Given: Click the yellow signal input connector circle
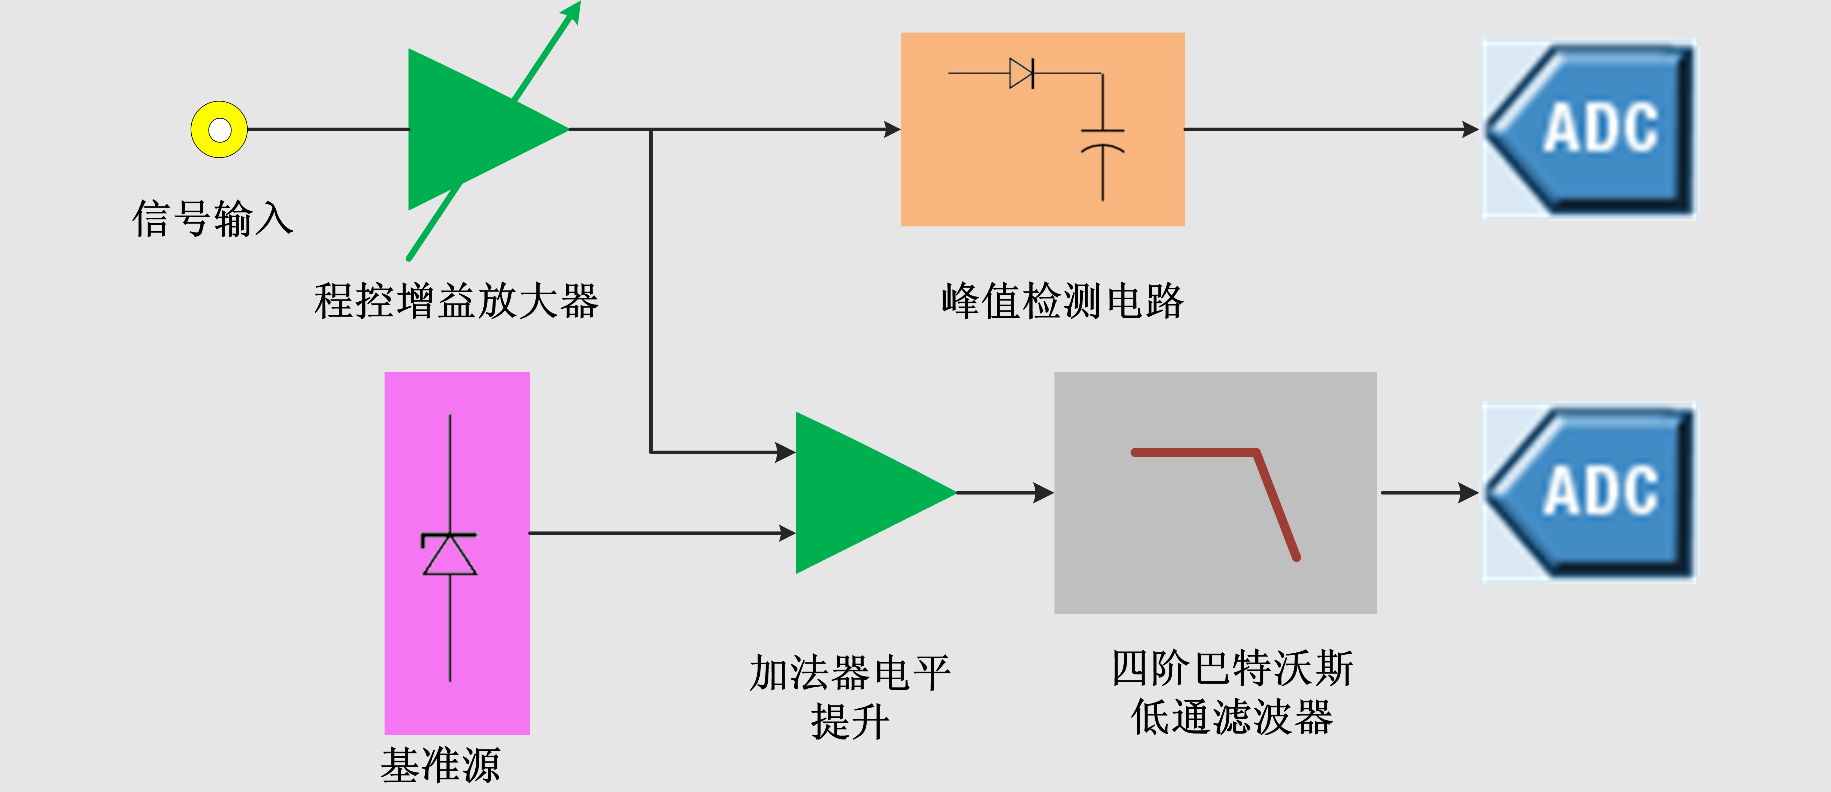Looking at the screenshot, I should point(219,129).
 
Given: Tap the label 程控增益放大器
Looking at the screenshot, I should point(456,301).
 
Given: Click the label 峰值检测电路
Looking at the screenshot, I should point(1062,301).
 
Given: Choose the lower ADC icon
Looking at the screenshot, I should point(1589,492).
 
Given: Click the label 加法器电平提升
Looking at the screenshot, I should point(850,697).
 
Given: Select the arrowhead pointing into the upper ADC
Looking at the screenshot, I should point(1470,129).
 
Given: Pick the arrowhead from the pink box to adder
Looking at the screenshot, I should point(786,533).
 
